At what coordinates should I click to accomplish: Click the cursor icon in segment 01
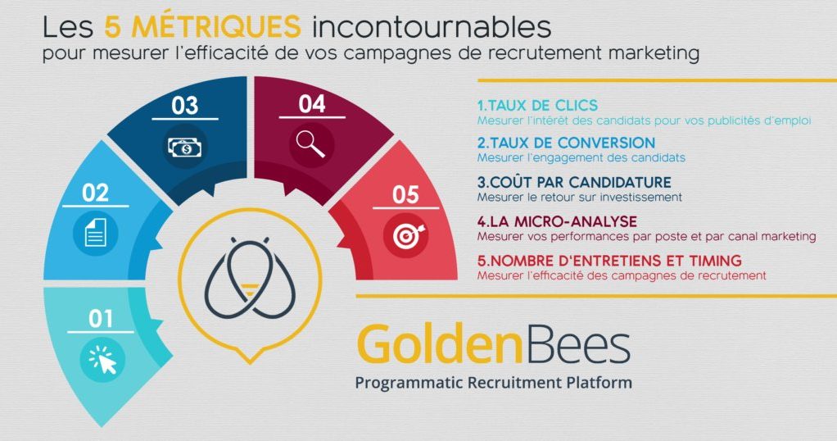(x=102, y=359)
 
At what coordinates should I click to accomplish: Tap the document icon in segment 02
(x=96, y=233)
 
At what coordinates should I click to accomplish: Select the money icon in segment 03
(x=185, y=147)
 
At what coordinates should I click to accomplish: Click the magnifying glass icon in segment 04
(x=310, y=144)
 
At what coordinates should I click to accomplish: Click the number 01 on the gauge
(x=101, y=319)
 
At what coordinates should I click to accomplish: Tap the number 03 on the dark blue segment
(x=185, y=105)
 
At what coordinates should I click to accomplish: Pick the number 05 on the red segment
(x=405, y=194)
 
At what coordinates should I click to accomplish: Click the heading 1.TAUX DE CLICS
(x=537, y=105)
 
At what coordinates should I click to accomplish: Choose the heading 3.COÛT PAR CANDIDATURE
(x=574, y=182)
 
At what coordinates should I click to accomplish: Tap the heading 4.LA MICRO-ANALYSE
(x=557, y=221)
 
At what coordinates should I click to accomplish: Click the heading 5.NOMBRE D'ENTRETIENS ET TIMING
(x=609, y=261)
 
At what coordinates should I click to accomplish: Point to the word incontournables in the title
(x=432, y=27)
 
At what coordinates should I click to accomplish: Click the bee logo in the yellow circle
(x=250, y=278)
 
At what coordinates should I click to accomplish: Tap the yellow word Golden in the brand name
(x=439, y=345)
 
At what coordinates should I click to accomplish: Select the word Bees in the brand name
(x=577, y=346)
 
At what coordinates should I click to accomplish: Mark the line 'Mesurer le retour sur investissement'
(x=580, y=198)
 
